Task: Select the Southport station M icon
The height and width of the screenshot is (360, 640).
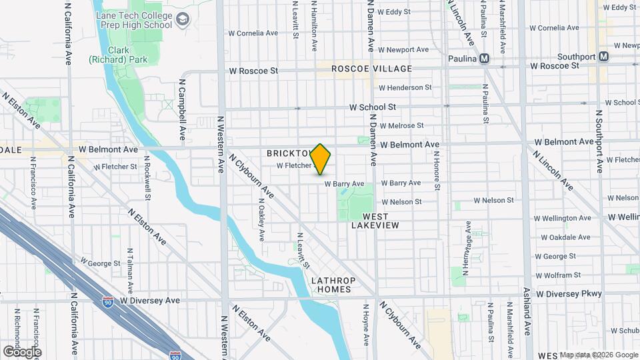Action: [603, 57]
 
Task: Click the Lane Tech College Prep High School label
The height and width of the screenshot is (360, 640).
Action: [134, 20]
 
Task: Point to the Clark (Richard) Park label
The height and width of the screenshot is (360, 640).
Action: [109, 55]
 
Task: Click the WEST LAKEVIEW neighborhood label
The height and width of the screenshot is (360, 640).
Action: [381, 221]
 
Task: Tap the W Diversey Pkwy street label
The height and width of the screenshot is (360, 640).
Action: [569, 293]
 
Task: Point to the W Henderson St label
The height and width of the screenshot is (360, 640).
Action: [405, 87]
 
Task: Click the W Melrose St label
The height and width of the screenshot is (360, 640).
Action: [401, 125]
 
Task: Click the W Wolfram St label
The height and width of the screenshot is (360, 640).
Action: [563, 275]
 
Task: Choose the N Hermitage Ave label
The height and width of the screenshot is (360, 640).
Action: [469, 251]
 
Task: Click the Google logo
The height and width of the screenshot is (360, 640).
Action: [22, 351]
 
